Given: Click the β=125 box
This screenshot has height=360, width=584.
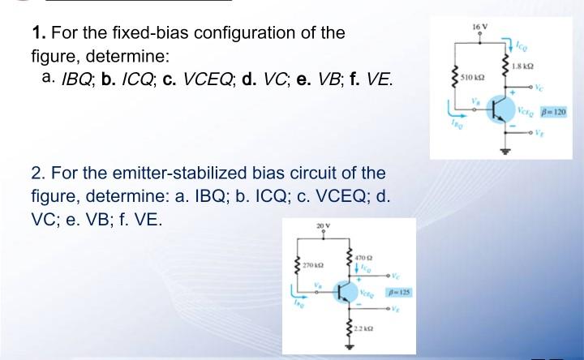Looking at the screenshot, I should pyautogui.click(x=399, y=291).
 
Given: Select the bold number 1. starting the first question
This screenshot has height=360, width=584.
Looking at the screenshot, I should pyautogui.click(x=37, y=34).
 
